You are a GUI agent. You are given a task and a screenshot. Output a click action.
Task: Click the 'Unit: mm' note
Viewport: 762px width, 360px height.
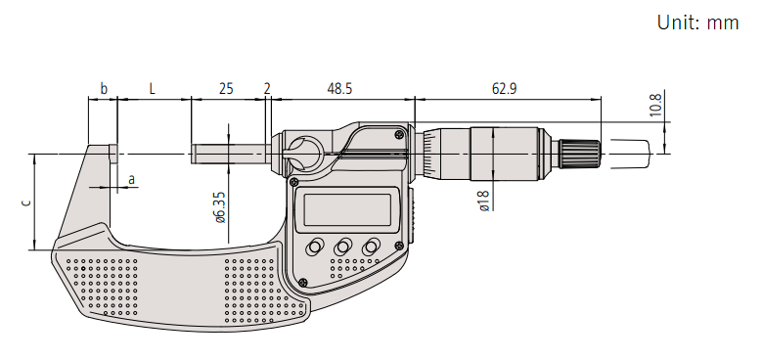697,22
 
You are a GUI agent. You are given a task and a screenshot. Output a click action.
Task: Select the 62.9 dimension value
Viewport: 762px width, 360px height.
504,89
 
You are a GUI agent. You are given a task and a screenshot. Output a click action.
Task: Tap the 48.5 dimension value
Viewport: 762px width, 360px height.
339,89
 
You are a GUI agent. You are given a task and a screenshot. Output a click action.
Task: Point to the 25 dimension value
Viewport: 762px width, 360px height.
226,89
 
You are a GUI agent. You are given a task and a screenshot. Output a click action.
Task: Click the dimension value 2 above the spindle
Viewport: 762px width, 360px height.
267,89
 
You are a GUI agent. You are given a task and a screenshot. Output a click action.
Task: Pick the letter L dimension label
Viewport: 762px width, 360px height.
153,89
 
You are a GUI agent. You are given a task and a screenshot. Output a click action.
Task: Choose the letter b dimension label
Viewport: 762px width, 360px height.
103,89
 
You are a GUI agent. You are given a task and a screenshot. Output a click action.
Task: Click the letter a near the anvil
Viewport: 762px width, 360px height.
131,180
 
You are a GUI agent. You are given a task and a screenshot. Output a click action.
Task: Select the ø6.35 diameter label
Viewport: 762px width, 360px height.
220,207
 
